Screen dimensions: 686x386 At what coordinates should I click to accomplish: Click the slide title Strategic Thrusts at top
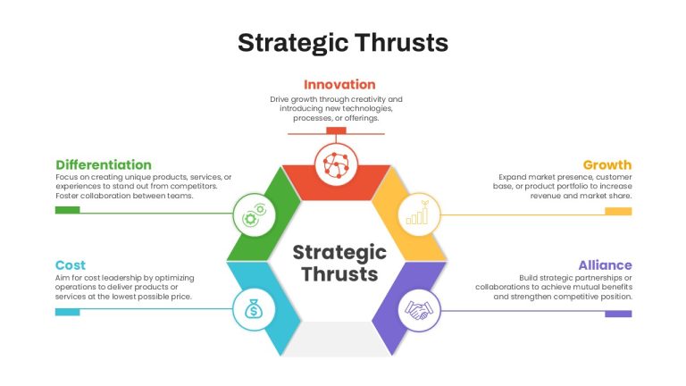(x=343, y=44)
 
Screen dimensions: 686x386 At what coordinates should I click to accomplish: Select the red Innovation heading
(x=339, y=85)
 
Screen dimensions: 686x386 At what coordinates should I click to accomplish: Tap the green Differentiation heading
(x=104, y=165)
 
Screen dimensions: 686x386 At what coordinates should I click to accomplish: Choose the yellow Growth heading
(x=607, y=165)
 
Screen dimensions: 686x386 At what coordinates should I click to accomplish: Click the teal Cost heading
(x=71, y=265)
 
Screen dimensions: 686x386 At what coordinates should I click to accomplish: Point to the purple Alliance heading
(x=605, y=265)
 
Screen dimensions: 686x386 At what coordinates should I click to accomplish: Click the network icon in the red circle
(x=336, y=165)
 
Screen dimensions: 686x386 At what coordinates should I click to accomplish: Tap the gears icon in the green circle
(x=255, y=214)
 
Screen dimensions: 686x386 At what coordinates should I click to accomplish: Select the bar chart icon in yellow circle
(x=418, y=214)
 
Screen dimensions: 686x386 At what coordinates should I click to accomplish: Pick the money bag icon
(x=254, y=309)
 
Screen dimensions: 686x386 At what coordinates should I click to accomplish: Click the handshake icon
(x=419, y=310)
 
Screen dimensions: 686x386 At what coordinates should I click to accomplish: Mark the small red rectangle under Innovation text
(x=336, y=130)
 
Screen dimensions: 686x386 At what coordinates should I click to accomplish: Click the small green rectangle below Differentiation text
(x=67, y=210)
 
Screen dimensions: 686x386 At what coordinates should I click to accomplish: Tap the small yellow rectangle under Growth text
(x=619, y=212)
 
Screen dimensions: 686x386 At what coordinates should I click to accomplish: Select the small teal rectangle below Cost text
(x=67, y=312)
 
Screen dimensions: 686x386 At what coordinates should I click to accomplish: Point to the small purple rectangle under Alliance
(x=619, y=314)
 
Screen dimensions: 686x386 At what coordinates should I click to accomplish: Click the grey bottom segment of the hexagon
(x=336, y=340)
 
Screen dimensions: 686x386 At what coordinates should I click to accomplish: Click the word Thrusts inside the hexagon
(x=339, y=274)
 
